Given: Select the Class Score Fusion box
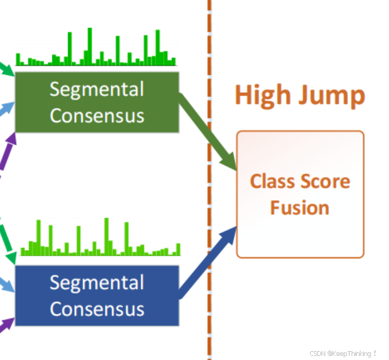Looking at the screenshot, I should pos(300,194).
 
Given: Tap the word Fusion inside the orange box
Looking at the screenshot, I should pos(300,207).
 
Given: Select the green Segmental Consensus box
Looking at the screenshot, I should pos(97,102).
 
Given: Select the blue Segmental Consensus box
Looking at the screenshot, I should pos(97,296).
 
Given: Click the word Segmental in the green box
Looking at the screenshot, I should pos(97,90).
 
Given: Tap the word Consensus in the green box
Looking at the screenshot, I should pos(97,115).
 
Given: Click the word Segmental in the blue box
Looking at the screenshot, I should pos(97,283).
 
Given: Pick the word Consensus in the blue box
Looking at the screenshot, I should pos(97,309).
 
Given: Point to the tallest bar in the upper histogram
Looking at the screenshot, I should pos(89,46).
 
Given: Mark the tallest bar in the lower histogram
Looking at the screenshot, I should pos(106,236).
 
